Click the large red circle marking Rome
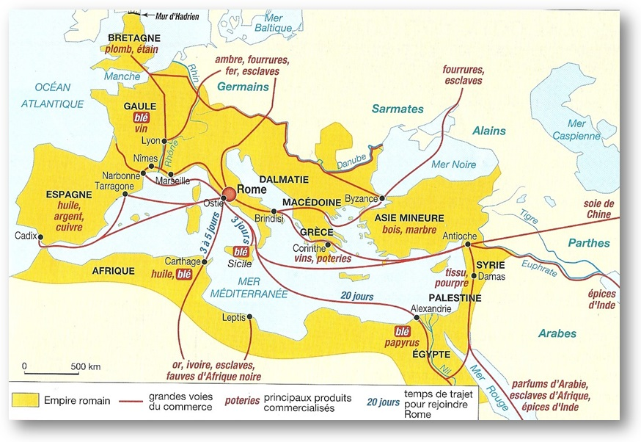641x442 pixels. (229, 193)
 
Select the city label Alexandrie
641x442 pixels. (431, 308)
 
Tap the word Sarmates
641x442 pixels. (398, 109)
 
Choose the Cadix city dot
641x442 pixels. (41, 236)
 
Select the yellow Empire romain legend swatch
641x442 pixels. (24, 401)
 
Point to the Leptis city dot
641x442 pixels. (250, 317)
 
